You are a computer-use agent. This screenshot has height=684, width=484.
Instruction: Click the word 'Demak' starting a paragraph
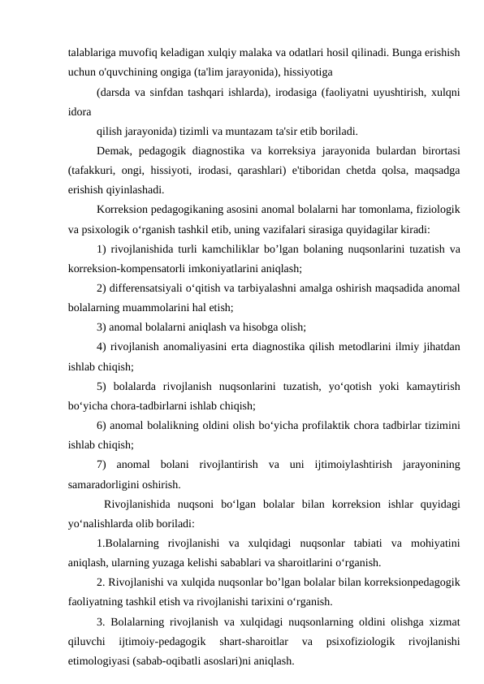pyautogui.click(x=112, y=150)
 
